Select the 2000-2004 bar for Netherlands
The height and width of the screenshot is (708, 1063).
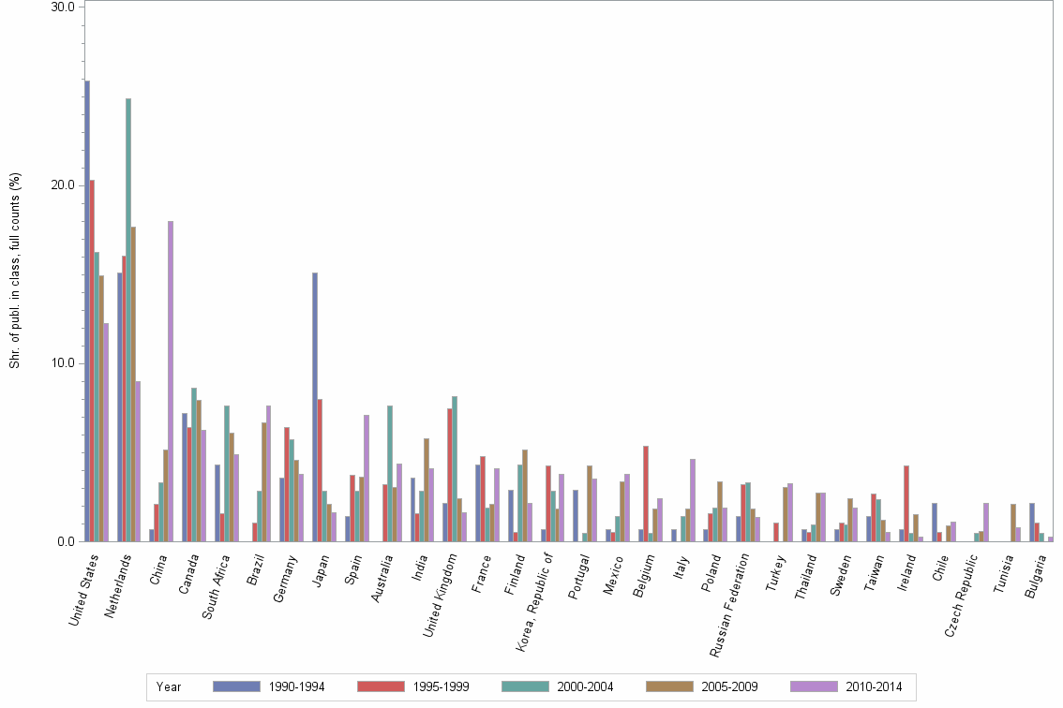(128, 319)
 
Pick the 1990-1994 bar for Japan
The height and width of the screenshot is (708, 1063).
(315, 406)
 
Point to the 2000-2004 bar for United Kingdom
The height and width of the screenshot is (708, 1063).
(455, 468)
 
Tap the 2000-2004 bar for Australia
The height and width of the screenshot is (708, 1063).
(390, 473)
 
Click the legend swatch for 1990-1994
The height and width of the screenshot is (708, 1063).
(236, 686)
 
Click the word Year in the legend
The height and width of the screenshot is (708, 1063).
(169, 686)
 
